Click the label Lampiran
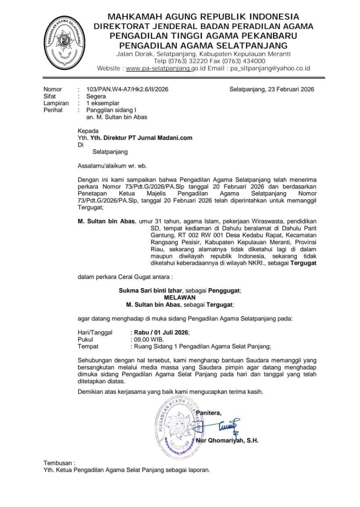[53, 103]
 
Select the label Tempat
[88, 346]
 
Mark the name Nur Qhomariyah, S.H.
[227, 440]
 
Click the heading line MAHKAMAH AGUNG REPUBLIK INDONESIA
[203, 17]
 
